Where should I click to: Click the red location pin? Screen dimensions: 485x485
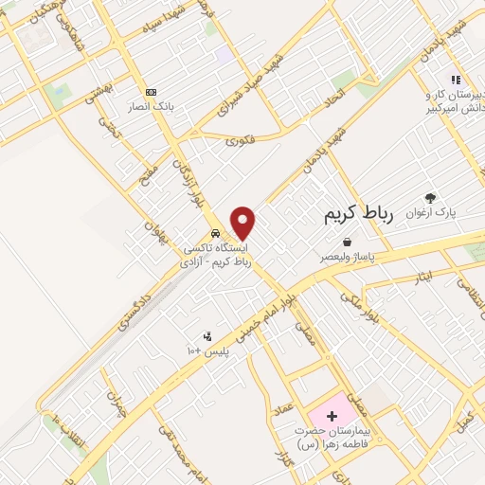point(243,223)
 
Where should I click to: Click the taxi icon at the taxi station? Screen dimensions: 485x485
point(217,233)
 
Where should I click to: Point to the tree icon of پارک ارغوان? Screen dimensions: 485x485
point(431,198)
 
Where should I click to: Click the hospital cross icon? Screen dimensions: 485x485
point(331,416)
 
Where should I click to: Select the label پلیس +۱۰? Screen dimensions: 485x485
point(206,350)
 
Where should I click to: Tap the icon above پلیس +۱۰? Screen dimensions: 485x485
point(207,335)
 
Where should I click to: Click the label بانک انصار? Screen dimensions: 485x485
point(153,107)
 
